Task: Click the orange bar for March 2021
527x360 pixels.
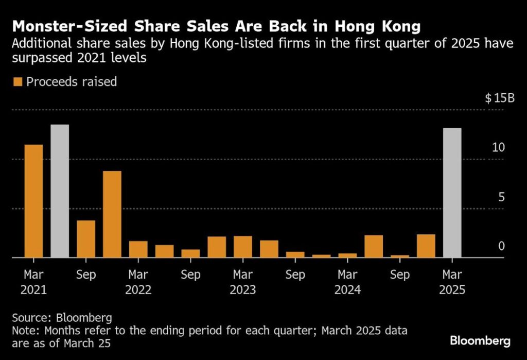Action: (x=33, y=201)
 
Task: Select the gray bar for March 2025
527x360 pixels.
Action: (x=452, y=193)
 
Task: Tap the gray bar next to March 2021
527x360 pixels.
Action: (x=60, y=191)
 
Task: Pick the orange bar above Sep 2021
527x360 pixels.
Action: (x=86, y=239)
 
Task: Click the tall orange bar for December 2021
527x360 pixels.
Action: (x=112, y=214)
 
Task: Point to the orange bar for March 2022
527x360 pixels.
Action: (x=138, y=249)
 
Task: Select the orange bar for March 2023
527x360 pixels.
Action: (x=243, y=247)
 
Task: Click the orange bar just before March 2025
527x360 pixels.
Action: (x=426, y=246)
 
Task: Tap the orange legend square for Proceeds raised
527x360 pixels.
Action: (x=18, y=82)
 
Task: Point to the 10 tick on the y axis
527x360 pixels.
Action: (x=498, y=148)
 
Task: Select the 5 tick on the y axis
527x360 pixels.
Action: (x=501, y=197)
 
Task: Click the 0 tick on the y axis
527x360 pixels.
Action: (x=501, y=246)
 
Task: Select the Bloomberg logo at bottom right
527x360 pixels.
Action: (x=480, y=340)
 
